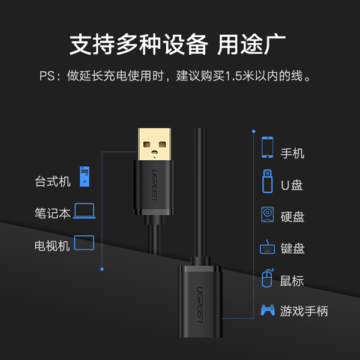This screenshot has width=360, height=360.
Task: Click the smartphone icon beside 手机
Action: tap(268, 147)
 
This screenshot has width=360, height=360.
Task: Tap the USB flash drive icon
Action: tap(268, 181)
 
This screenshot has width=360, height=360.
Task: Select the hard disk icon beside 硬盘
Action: tap(268, 214)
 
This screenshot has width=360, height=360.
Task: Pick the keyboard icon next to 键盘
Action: tap(267, 247)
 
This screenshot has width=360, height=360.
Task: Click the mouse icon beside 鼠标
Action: tap(267, 278)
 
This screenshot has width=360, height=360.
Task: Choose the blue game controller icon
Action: tap(268, 310)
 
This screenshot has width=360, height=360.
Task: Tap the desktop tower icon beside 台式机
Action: tap(85, 176)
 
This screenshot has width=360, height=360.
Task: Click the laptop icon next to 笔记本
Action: tap(84, 211)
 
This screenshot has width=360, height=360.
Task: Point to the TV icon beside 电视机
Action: tap(84, 243)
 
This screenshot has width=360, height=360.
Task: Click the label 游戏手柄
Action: tap(304, 311)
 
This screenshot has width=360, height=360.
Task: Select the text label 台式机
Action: tap(53, 181)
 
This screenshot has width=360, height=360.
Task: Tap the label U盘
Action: tap(292, 185)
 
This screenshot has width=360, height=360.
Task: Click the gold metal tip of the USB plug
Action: tap(155, 144)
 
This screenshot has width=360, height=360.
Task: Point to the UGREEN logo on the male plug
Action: tap(154, 185)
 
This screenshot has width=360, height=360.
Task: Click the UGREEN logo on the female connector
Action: tap(200, 304)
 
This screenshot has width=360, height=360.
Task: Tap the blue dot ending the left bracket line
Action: tap(102, 269)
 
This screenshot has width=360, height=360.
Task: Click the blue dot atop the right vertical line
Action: tap(253, 131)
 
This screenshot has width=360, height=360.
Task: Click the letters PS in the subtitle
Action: tap(47, 76)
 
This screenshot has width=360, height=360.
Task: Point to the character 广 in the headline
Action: tap(275, 44)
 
